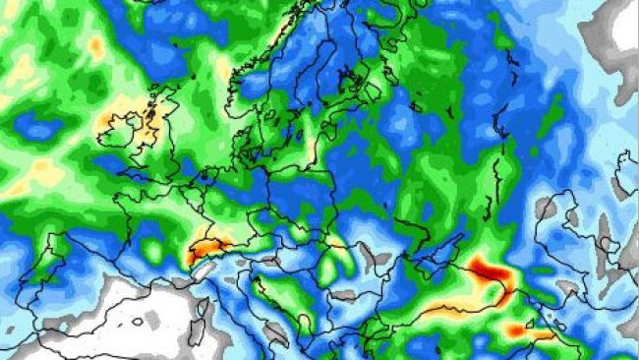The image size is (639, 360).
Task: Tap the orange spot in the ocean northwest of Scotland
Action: click(x=95, y=44)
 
